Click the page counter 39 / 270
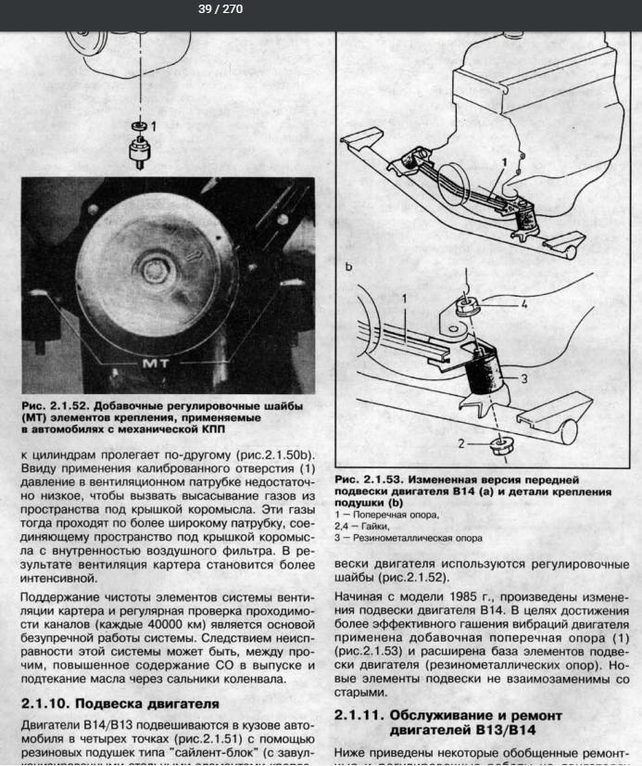[x=220, y=10]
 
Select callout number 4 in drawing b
[x=523, y=302]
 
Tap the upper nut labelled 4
[x=466, y=307]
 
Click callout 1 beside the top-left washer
[x=154, y=124]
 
